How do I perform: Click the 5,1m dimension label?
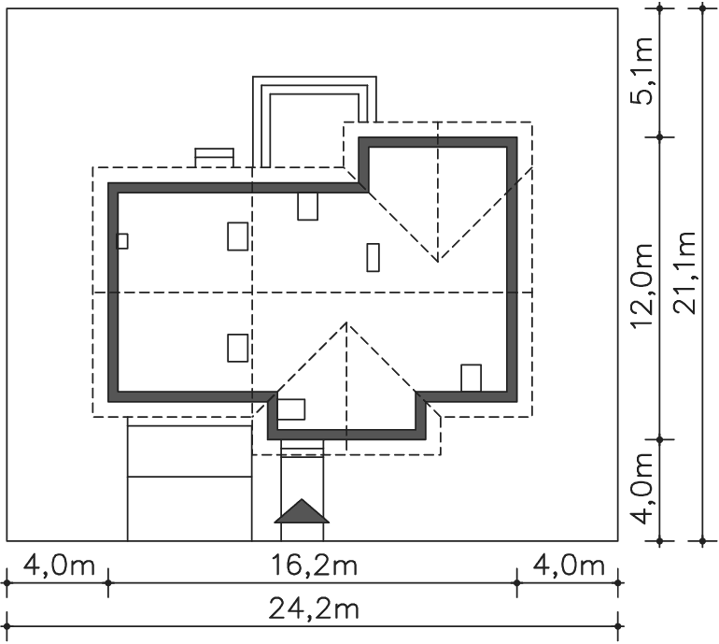click(641, 71)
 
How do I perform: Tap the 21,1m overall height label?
click(684, 273)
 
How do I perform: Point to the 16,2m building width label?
click(314, 565)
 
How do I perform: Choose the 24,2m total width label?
click(314, 609)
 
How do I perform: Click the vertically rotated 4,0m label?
click(641, 489)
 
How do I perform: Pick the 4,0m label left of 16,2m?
click(59, 565)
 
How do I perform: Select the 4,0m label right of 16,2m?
click(569, 565)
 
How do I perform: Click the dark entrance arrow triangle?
click(302, 511)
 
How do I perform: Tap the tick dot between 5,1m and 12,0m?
click(660, 137)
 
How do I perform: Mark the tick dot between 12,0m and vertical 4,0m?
click(660, 439)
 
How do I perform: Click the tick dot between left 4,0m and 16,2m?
click(108, 583)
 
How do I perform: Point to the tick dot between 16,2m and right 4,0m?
click(517, 583)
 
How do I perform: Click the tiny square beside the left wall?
click(122, 241)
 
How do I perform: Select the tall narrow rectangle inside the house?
click(374, 258)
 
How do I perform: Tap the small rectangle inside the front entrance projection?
click(291, 409)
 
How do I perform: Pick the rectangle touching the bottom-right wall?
click(471, 378)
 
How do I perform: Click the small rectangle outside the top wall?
click(214, 157)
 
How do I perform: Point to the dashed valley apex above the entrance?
click(346, 322)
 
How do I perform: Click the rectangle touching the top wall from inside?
click(308, 206)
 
